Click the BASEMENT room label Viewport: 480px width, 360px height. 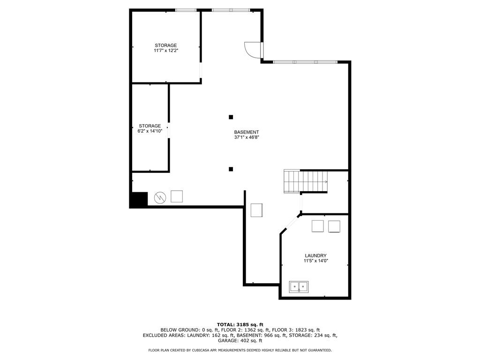[247, 132]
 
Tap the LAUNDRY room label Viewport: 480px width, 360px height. [315, 255]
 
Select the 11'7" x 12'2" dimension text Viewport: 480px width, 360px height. [166, 51]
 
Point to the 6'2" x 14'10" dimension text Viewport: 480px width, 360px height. [150, 131]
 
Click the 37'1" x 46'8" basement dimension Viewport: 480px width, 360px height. [247, 137]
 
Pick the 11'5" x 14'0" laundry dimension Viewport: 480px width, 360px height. [316, 261]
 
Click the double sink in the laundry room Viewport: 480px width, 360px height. [299, 287]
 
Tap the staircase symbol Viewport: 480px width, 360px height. [306, 181]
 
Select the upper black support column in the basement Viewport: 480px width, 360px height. [231, 117]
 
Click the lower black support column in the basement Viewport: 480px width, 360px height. [231, 169]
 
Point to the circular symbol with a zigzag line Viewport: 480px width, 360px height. [160, 197]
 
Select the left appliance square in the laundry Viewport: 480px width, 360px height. [317, 226]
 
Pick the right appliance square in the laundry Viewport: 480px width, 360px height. [334, 226]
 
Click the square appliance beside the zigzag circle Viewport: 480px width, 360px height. [177, 196]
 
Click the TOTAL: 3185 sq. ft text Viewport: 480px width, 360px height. [240, 324]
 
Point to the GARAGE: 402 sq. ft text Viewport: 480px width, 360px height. [240, 340]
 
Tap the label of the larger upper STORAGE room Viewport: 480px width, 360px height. [165, 45]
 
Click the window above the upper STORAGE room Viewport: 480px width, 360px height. [186, 10]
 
